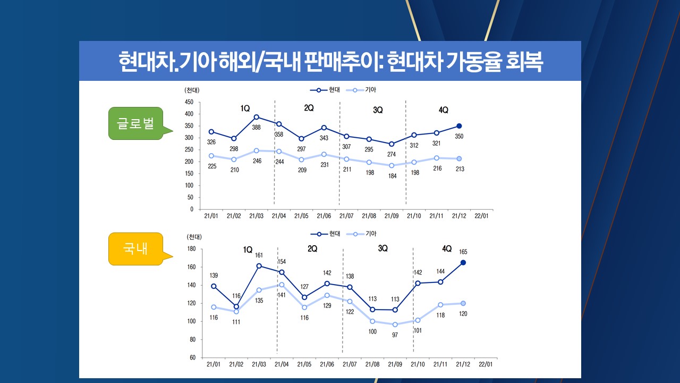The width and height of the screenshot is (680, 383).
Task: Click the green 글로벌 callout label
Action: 135,123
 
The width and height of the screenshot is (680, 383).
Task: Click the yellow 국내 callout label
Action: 135,248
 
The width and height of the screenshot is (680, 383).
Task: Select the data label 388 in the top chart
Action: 257,127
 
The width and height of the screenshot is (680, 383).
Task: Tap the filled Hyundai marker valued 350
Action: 459,126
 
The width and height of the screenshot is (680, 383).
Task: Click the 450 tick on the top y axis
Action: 189,102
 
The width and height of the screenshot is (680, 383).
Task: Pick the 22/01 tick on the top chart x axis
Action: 481,216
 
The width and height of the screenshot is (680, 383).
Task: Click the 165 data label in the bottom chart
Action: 463,252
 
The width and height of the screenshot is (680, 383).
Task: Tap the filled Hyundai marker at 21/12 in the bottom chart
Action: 463,262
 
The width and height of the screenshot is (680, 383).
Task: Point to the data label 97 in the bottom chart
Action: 395,335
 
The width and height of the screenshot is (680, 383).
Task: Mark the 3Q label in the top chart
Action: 378,110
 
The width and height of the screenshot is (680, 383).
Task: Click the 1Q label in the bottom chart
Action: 248,249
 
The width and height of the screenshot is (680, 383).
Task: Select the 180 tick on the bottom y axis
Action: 192,249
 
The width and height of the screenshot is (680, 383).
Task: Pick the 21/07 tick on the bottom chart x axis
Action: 349,364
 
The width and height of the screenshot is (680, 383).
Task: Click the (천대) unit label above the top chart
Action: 192,90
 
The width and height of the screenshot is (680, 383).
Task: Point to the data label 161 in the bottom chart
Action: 259,255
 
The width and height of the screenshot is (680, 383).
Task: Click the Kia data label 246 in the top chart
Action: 257,161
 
